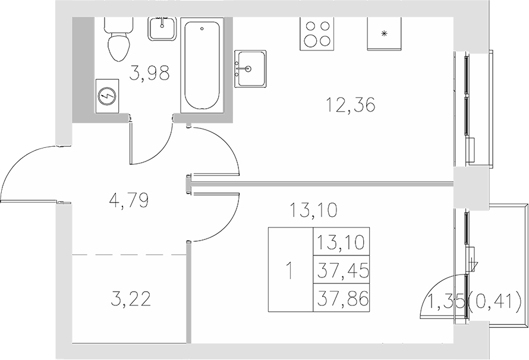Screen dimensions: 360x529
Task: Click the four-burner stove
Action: click(316, 33)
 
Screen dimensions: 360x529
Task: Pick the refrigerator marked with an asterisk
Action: click(384, 33)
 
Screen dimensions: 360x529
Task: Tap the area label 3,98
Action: click(150, 73)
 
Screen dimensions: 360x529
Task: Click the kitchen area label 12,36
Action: click(351, 105)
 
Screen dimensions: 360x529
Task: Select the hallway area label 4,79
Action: click(128, 199)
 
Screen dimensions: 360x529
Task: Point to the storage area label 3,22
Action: click(131, 298)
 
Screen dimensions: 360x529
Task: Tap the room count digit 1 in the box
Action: click(290, 271)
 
